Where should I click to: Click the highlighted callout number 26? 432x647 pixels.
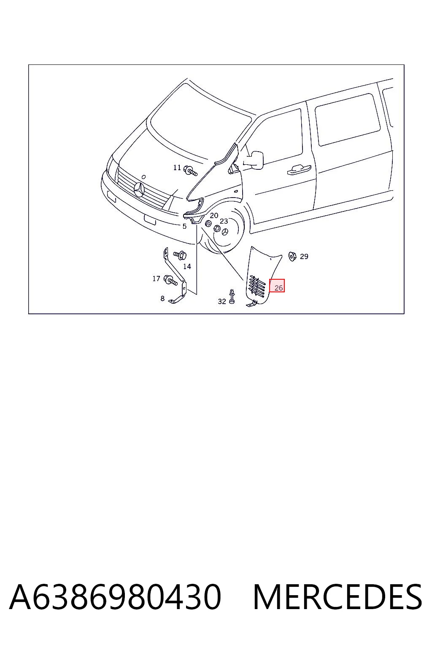[x=278, y=288]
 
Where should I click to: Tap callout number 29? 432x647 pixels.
[x=304, y=256]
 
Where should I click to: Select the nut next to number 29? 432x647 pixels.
[x=292, y=256]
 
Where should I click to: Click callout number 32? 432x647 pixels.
[x=222, y=301]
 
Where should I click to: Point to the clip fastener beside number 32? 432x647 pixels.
[x=232, y=296]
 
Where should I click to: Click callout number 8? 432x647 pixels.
[x=162, y=298]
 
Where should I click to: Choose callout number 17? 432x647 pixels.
[x=156, y=278]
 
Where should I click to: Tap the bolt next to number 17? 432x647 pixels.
[x=170, y=280]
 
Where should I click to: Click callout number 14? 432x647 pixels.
[x=187, y=266]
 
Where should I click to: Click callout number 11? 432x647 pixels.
[x=177, y=167]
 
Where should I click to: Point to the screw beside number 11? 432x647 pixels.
[x=191, y=171]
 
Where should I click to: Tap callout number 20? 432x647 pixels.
[x=214, y=215]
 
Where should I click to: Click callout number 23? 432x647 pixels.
[x=224, y=221]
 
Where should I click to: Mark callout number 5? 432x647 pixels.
[x=184, y=226]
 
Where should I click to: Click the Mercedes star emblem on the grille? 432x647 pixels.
[x=140, y=190]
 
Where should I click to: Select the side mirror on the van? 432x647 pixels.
[x=255, y=160]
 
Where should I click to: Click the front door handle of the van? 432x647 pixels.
[x=299, y=170]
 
